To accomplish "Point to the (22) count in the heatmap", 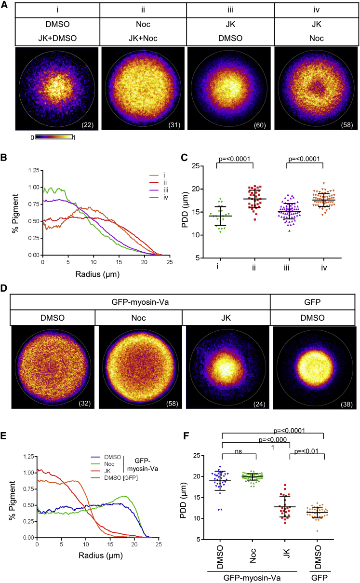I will [x=88, y=126].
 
